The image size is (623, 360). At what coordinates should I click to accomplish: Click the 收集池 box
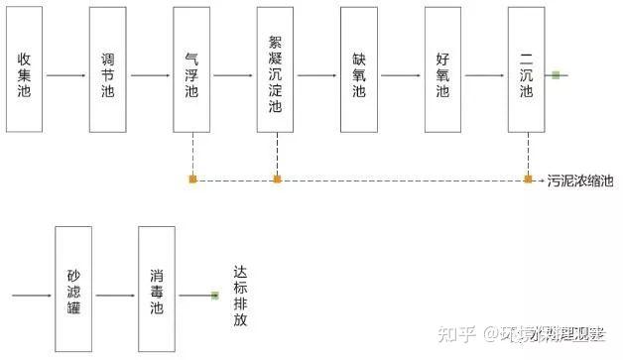[24, 68]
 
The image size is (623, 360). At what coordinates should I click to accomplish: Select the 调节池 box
[107, 68]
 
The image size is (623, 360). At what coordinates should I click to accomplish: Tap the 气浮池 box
[191, 68]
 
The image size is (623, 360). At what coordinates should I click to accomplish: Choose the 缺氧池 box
[358, 68]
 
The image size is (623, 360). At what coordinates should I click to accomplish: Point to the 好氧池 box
[442, 68]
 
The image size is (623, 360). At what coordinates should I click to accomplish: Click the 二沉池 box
[527, 68]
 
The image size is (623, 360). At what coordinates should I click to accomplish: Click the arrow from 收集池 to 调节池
[65, 75]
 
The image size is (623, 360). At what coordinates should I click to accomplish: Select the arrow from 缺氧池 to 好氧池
[401, 75]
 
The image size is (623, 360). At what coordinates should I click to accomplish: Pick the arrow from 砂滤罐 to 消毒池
[115, 295]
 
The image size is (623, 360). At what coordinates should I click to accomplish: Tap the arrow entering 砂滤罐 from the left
[33, 295]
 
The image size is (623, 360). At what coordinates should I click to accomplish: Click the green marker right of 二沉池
[557, 75]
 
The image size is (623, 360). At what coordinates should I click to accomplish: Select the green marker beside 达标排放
[214, 295]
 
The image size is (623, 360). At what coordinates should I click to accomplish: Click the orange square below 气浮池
[192, 180]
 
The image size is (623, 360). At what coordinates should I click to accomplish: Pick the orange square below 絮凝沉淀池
[277, 180]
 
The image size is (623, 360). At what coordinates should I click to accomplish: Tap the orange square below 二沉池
[529, 180]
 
